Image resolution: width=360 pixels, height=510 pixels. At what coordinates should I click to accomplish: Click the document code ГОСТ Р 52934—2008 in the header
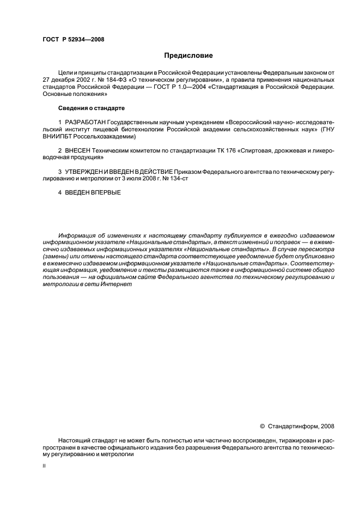[x=74, y=39]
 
